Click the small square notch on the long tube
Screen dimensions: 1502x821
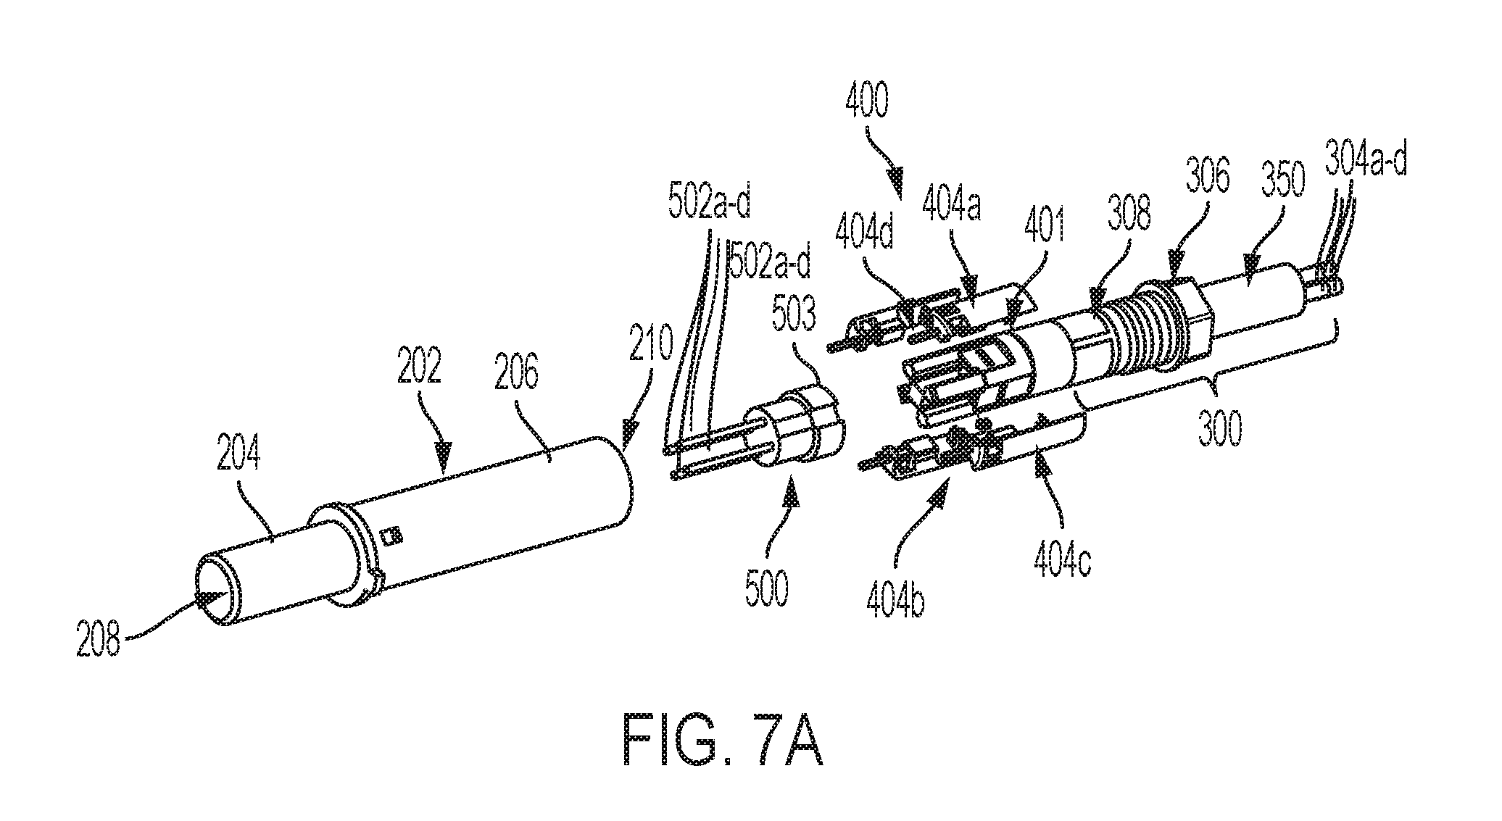393,535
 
